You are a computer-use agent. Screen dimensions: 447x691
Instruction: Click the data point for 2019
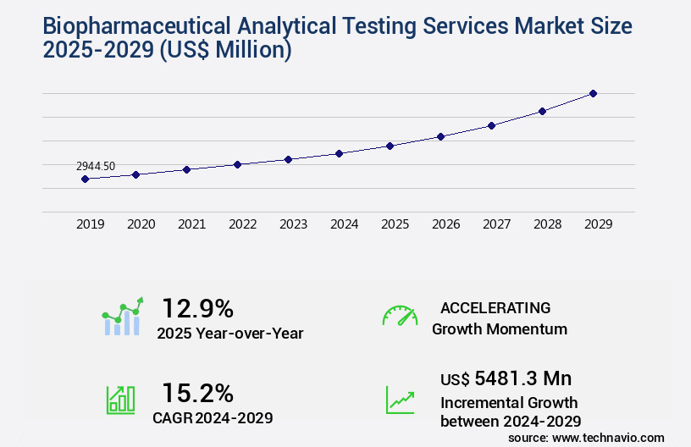point(85,179)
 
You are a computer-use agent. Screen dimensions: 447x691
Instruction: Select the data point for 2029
point(593,93)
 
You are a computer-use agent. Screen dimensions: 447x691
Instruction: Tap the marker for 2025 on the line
point(390,146)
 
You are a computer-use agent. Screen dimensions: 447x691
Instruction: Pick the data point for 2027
point(491,125)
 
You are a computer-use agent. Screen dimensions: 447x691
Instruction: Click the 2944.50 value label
point(95,167)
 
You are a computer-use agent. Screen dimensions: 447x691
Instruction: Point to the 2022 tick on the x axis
point(242,224)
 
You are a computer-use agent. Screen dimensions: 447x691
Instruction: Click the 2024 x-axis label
point(344,224)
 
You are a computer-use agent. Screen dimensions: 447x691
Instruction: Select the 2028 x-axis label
point(547,224)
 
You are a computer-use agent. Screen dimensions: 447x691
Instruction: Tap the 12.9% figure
point(197,308)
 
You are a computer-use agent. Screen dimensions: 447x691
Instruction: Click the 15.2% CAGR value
point(197,393)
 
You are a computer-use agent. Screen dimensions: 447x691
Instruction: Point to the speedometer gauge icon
point(400,315)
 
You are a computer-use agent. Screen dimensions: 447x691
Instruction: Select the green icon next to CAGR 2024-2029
point(120,400)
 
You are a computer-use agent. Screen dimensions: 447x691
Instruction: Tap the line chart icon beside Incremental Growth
point(400,400)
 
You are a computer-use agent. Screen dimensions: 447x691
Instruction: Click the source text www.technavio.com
point(608,437)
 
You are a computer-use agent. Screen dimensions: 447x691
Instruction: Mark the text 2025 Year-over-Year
point(229,333)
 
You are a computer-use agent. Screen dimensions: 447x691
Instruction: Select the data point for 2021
point(186,169)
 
